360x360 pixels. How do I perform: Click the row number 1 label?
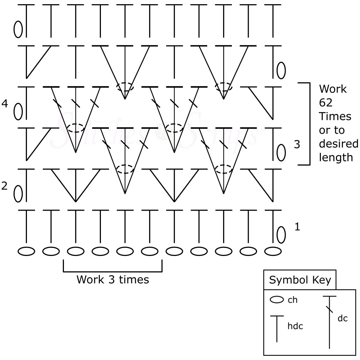(297, 227)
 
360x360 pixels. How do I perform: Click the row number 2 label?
(5, 186)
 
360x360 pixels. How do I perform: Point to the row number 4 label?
(5, 104)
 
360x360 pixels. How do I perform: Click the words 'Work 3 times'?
(112, 280)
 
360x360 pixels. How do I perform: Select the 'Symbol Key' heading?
(300, 280)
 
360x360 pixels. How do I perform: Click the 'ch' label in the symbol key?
(293, 300)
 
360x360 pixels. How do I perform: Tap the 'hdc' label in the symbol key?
(295, 326)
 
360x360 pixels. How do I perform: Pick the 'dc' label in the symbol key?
(343, 318)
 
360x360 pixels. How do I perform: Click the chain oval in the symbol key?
(277, 300)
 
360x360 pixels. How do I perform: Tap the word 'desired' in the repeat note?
(338, 144)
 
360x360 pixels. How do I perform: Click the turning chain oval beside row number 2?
(18, 193)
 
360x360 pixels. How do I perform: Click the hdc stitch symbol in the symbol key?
(277, 328)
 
